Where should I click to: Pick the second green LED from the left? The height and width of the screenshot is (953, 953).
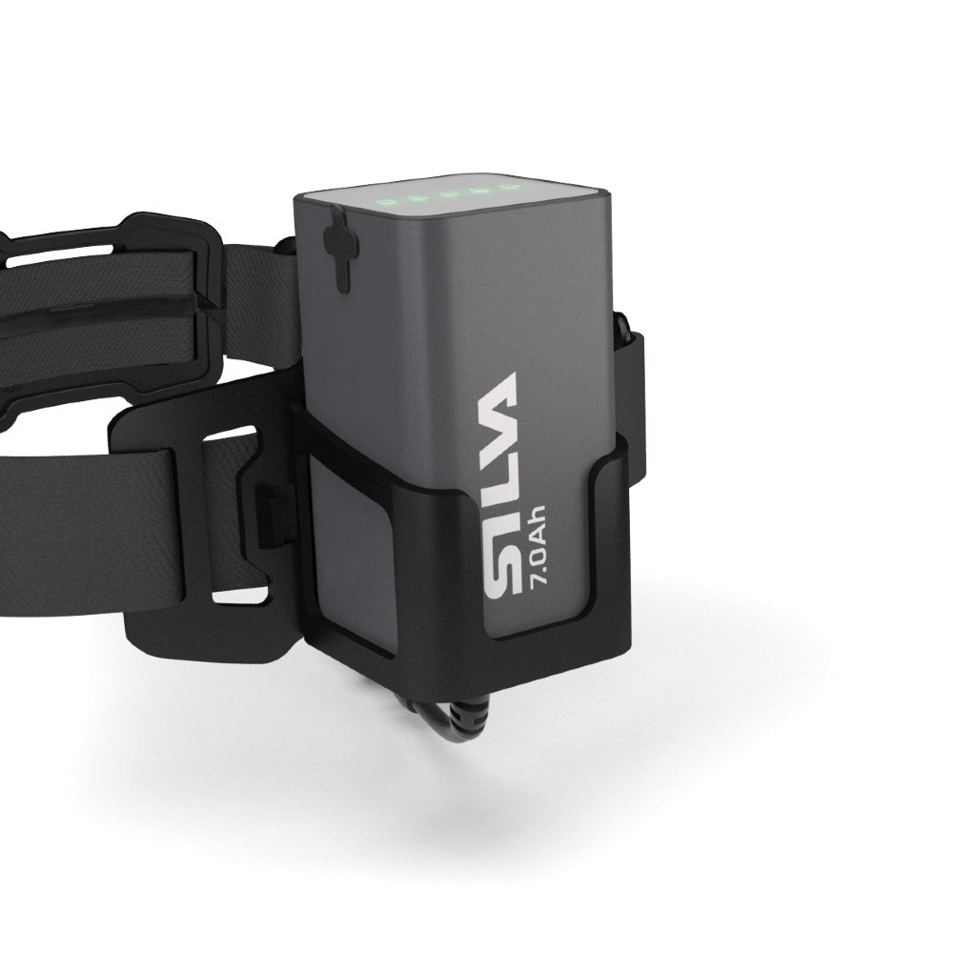coord(418,198)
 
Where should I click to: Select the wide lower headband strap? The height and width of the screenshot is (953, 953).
coord(86,534)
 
